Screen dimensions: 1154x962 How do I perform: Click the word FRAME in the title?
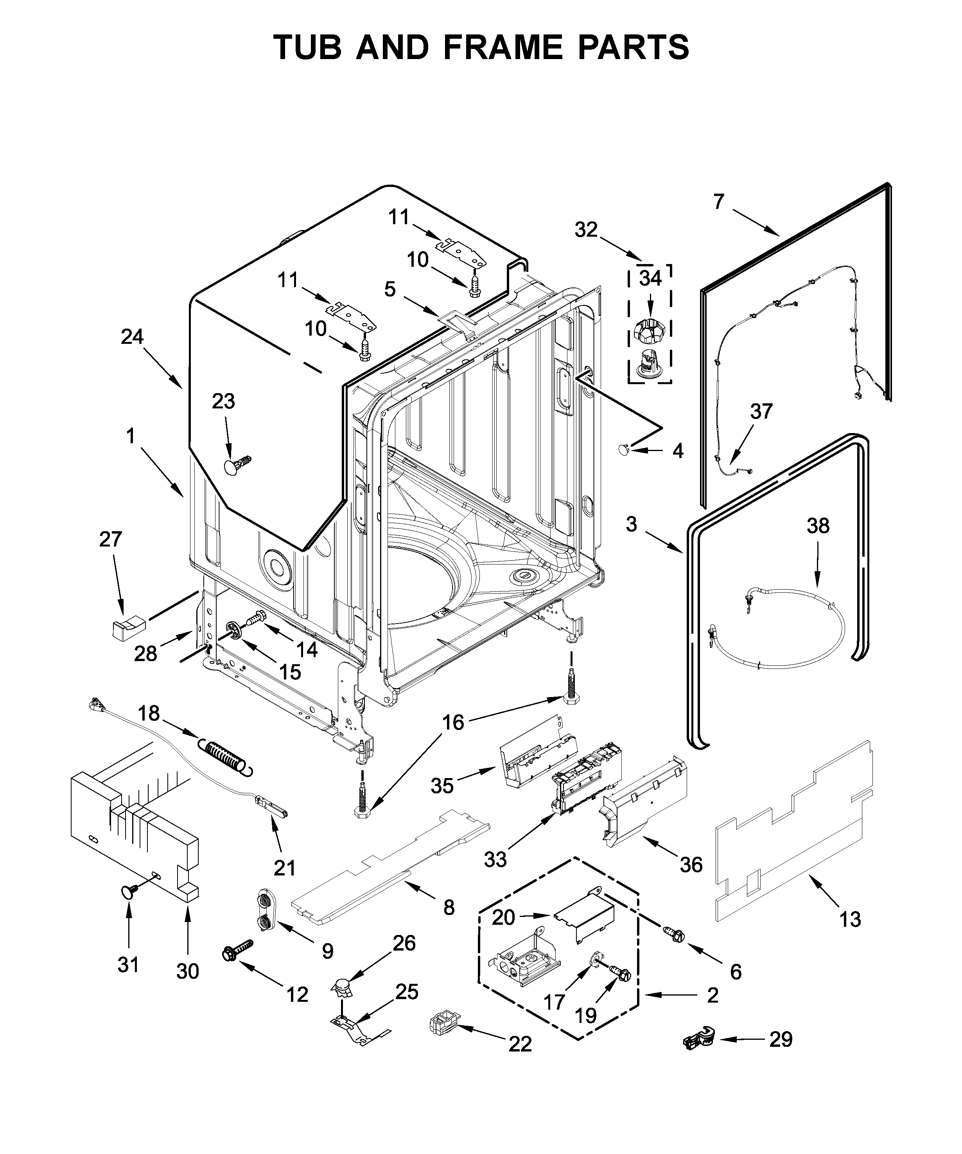(502, 47)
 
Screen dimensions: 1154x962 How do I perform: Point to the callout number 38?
(818, 526)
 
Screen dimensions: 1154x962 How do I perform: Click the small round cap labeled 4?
(624, 450)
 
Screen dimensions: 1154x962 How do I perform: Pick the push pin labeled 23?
(235, 465)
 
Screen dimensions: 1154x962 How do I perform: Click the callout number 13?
(850, 919)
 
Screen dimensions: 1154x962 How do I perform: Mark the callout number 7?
(719, 202)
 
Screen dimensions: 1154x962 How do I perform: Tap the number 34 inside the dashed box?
(650, 279)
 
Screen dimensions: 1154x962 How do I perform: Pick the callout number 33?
(495, 859)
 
